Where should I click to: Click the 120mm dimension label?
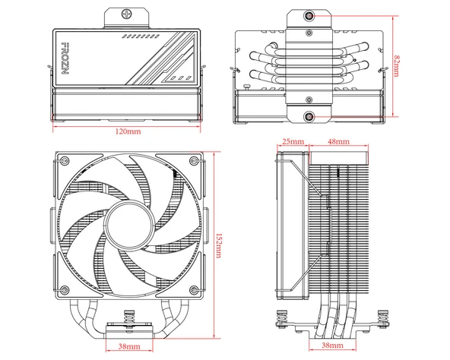point(128,132)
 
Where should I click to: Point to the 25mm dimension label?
point(293,141)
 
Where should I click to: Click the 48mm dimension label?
point(338,141)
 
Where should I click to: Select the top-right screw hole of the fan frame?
point(193,165)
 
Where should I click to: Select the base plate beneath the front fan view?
point(128,327)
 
